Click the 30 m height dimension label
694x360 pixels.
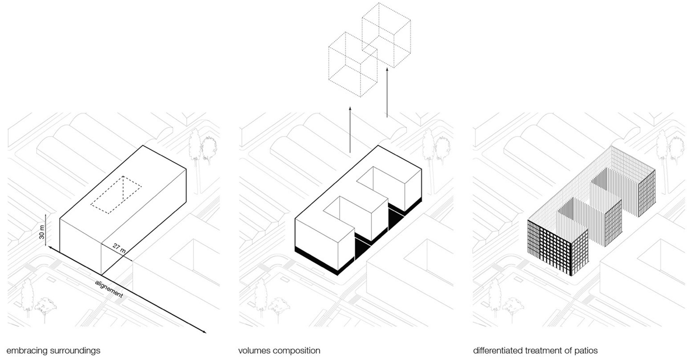pos(42,232)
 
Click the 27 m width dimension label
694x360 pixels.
pos(119,249)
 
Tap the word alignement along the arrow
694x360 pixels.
pos(109,289)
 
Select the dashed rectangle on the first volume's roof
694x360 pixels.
pos(116,195)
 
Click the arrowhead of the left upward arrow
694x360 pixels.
pos(350,109)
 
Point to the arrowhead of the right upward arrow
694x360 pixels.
pos(387,70)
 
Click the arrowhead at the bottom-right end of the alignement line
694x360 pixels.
pos(204,332)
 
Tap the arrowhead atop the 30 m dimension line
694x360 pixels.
pos(46,216)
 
